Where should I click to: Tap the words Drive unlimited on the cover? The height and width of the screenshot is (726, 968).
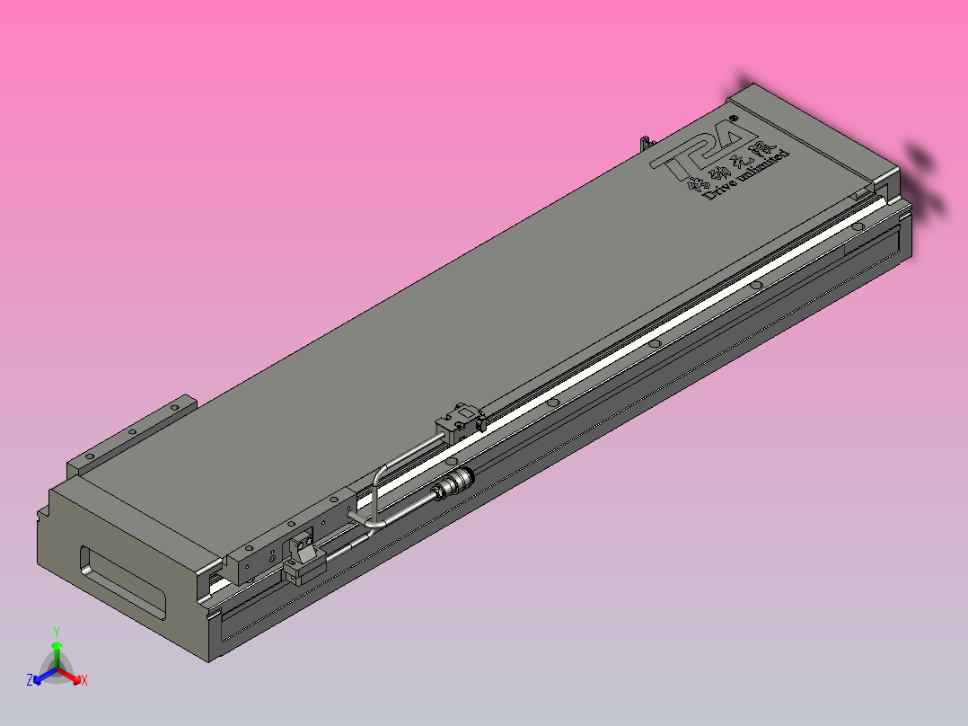[x=747, y=176]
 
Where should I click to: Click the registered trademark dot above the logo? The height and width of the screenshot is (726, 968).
[x=734, y=117]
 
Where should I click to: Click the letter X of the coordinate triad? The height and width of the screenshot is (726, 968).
[x=84, y=681]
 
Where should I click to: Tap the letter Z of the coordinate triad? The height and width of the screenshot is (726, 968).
[x=30, y=681]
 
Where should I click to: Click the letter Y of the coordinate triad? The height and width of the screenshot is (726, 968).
[x=57, y=632]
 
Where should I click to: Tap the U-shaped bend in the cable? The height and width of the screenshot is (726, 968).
[x=377, y=494]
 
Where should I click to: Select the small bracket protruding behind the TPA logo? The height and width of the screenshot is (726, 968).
[x=644, y=144]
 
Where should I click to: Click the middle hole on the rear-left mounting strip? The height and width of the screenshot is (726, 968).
[x=132, y=432]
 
